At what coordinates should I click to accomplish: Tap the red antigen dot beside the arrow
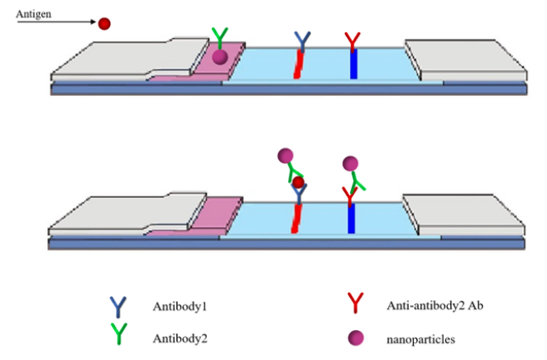(104, 24)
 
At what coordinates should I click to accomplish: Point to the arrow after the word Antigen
(70, 23)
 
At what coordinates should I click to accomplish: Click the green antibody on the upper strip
(219, 37)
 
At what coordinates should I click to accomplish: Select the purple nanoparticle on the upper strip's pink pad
(219, 56)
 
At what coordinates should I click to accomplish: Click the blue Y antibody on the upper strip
(304, 40)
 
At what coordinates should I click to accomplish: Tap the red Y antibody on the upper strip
(353, 40)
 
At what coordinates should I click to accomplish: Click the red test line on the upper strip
(300, 65)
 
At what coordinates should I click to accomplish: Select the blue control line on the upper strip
(353, 65)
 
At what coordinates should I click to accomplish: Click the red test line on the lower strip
(299, 217)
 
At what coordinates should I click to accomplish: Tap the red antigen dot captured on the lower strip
(299, 182)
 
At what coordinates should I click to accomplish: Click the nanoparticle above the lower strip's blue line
(350, 163)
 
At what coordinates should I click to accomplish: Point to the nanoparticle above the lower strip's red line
(286, 155)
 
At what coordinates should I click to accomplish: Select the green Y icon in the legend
(119, 334)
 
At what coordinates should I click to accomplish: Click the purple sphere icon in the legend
(354, 338)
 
